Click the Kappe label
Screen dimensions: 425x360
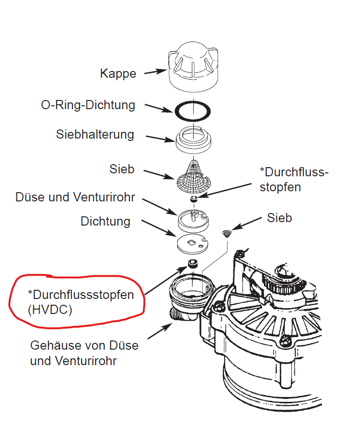pyautogui.click(x=118, y=74)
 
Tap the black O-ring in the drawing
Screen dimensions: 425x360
pyautogui.click(x=192, y=111)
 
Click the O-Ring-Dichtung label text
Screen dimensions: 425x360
pyautogui.click(x=88, y=105)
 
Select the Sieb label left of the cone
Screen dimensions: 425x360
pyautogui.click(x=122, y=169)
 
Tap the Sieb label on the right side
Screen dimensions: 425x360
pyautogui.click(x=279, y=218)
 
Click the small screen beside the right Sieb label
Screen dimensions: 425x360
pyautogui.click(x=226, y=234)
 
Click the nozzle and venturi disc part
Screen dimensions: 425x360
pyautogui.click(x=193, y=220)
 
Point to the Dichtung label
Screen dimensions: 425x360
pyautogui.click(x=105, y=221)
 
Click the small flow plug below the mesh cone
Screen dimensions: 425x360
pyautogui.click(x=194, y=199)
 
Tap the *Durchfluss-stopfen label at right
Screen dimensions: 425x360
pyautogui.click(x=293, y=179)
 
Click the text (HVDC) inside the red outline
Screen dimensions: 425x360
pyautogui.click(x=50, y=310)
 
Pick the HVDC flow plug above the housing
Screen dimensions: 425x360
pyautogui.click(x=192, y=264)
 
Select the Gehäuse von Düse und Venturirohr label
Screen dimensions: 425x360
pyautogui.click(x=84, y=353)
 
